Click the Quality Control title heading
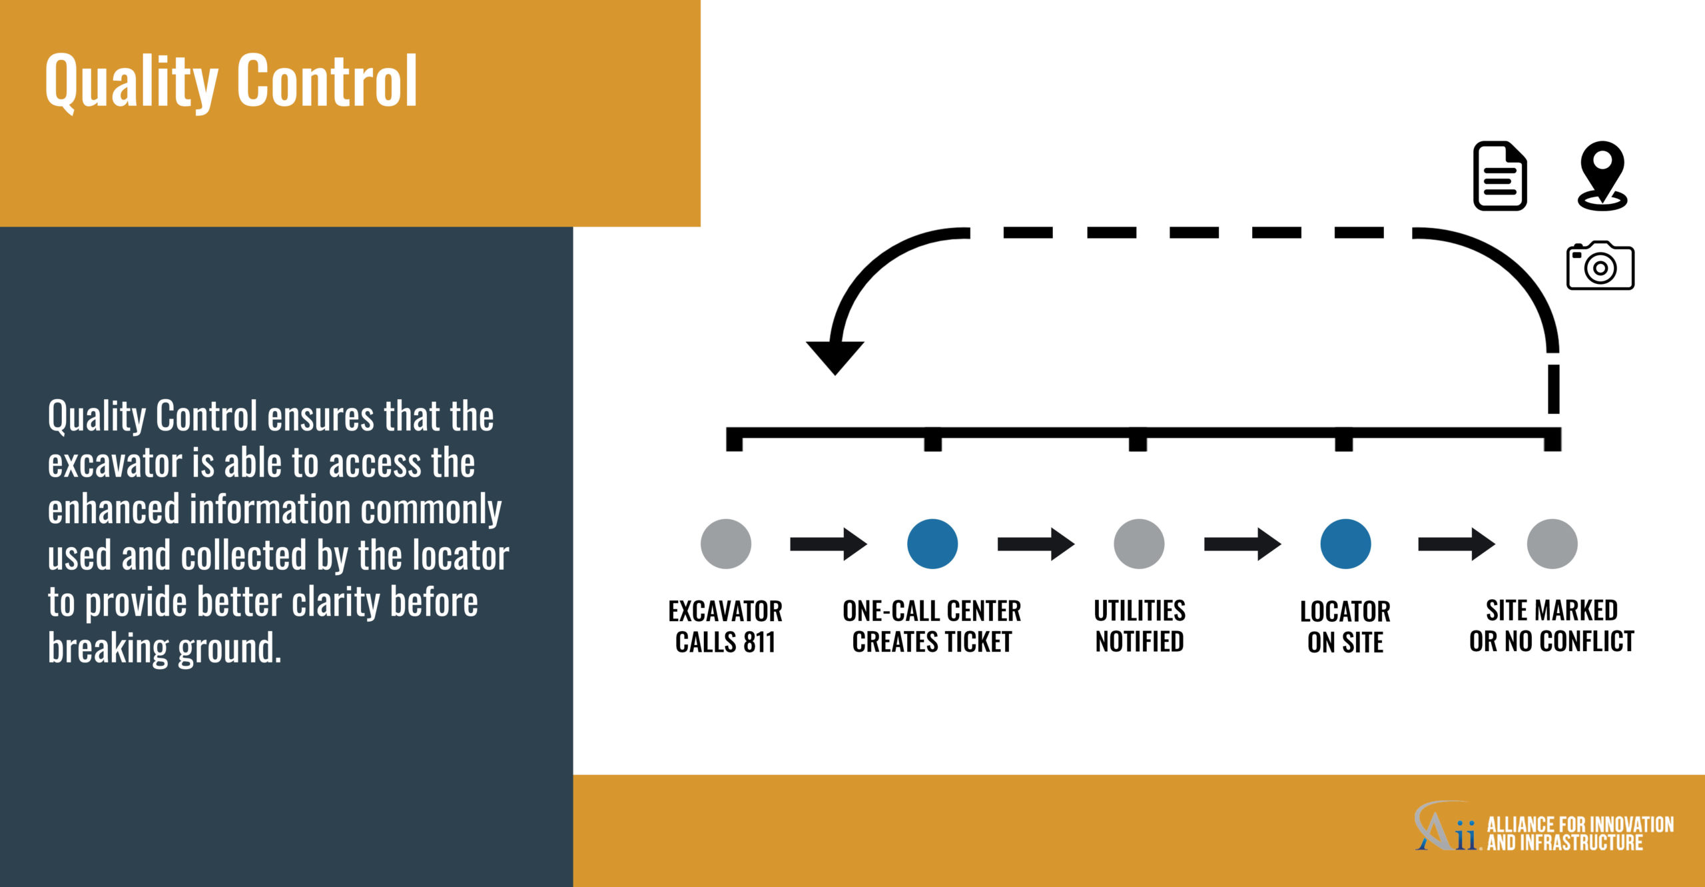tap(231, 82)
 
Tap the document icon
tap(1500, 176)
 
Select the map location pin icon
tap(1602, 176)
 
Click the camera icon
tap(1600, 265)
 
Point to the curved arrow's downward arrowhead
tap(835, 358)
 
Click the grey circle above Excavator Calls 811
tap(726, 544)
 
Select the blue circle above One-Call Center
tap(932, 544)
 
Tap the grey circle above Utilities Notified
tap(1139, 544)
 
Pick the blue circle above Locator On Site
tap(1345, 544)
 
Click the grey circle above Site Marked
tap(1552, 544)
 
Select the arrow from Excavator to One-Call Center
tap(829, 544)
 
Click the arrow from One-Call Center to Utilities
tap(1036, 544)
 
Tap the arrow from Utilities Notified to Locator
tap(1242, 544)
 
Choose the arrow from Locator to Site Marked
tap(1457, 544)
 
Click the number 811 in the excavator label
tap(759, 642)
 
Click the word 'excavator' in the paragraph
tap(115, 463)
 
